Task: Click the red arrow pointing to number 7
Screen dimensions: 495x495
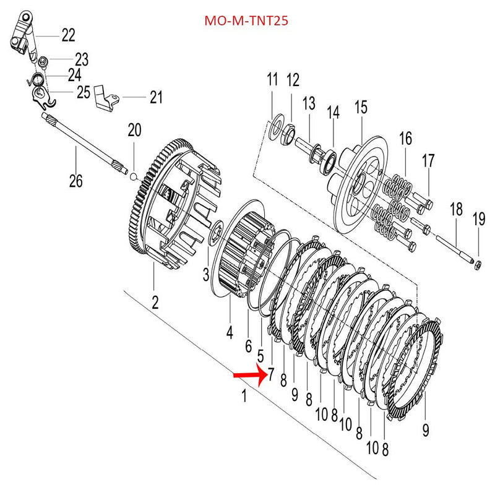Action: coord(249,375)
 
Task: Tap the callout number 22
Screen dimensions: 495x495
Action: coord(68,35)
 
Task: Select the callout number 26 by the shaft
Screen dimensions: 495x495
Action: coord(75,181)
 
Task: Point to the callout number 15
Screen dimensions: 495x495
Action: coord(361,108)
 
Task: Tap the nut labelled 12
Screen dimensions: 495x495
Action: coord(288,131)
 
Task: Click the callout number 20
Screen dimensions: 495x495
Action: coord(134,131)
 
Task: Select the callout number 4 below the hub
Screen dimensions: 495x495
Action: coord(229,333)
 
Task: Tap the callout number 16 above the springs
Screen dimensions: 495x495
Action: coord(405,138)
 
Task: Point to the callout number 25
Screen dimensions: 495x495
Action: coord(84,93)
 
